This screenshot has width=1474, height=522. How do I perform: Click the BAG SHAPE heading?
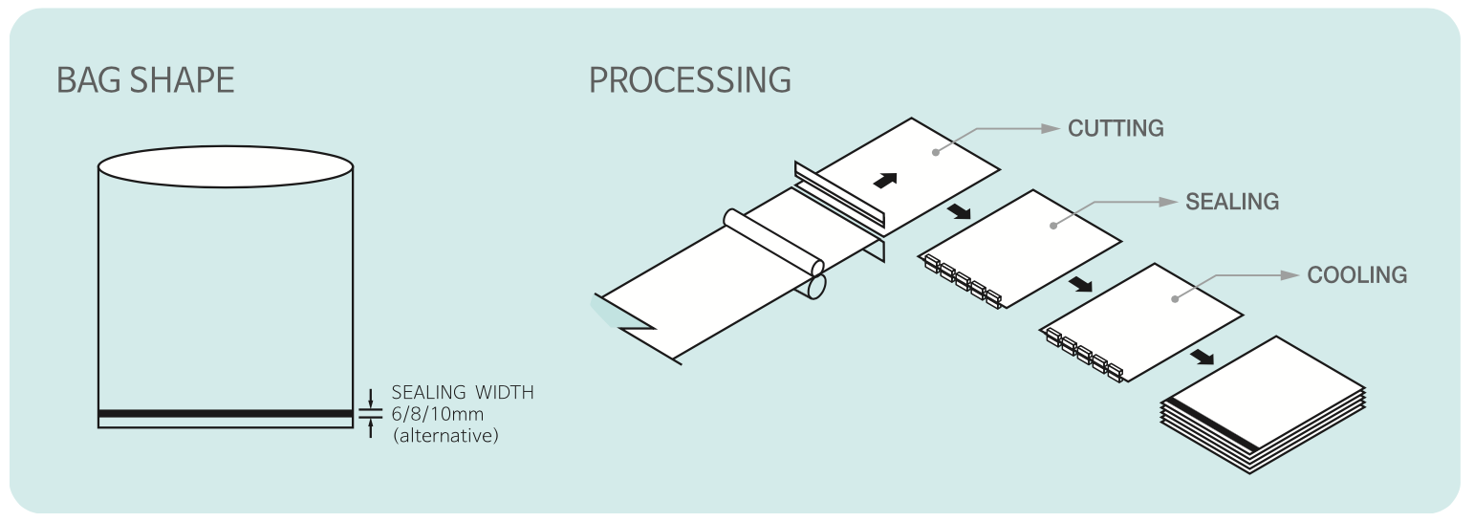coord(145,79)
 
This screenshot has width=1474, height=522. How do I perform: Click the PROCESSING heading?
coord(689,79)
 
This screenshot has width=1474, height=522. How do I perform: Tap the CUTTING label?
coord(1116,128)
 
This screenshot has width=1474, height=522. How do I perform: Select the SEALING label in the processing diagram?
coord(1232,202)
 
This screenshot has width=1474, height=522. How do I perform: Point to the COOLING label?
coord(1356,275)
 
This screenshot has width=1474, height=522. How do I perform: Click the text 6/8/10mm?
coord(438,414)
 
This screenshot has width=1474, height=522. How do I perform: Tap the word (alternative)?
coord(445,435)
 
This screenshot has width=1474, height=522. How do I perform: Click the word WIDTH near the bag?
coord(504,392)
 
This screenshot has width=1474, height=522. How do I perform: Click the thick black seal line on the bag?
coord(226,413)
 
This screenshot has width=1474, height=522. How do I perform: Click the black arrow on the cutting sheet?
coord(885,181)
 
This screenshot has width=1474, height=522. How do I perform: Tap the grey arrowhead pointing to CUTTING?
coord(1051,129)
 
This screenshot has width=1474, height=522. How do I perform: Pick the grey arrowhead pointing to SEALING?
coord(1168,202)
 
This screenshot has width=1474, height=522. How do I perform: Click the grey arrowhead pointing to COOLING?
coord(1290,275)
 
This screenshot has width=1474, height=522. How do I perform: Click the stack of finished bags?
coord(1263,404)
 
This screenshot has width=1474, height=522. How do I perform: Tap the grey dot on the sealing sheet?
coord(1053,226)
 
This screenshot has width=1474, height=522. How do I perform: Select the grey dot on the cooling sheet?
coord(1175,299)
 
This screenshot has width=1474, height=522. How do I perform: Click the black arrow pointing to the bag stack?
coord(1203,357)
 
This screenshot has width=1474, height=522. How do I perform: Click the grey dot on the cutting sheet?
coord(936,153)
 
